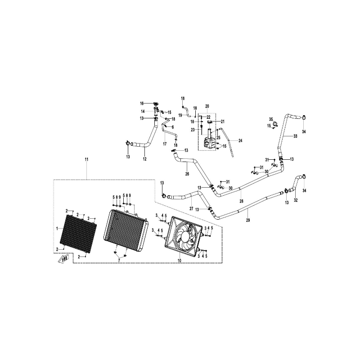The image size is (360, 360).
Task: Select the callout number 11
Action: (x=86, y=159)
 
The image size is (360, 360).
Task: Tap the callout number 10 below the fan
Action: (x=179, y=261)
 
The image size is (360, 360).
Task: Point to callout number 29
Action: (x=248, y=220)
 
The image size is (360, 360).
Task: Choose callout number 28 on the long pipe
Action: (x=241, y=201)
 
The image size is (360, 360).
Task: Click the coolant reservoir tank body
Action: (x=209, y=143)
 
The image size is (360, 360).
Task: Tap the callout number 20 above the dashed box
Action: (x=207, y=106)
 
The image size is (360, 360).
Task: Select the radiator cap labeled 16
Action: (x=156, y=103)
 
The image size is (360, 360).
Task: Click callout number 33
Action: (x=295, y=136)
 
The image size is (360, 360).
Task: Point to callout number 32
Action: (x=296, y=200)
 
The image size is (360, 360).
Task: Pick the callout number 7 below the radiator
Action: (x=119, y=261)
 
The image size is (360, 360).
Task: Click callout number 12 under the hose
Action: (x=144, y=159)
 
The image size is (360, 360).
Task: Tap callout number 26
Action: (x=187, y=174)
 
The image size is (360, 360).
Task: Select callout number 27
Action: (x=192, y=208)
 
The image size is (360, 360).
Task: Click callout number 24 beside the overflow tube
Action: (x=240, y=140)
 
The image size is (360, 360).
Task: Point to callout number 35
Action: (x=271, y=119)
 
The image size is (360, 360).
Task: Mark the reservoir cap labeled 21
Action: (x=210, y=121)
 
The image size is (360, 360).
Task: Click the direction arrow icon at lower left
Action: (x=63, y=259)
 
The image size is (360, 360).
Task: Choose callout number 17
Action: (x=165, y=144)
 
